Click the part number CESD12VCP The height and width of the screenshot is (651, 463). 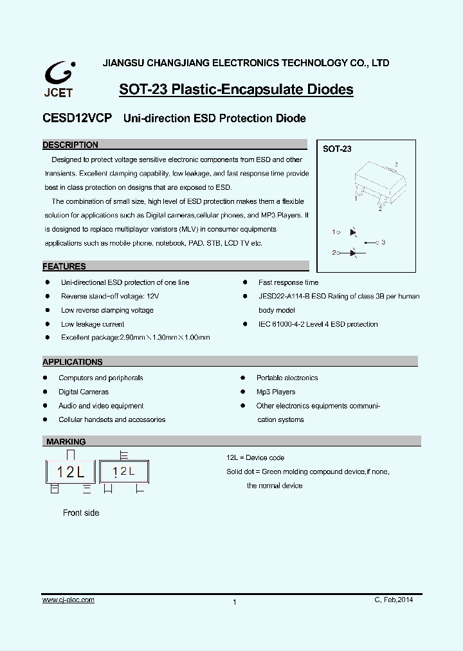click(x=77, y=118)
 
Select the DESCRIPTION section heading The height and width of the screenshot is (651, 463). click(x=71, y=145)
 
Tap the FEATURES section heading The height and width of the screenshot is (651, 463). click(x=64, y=266)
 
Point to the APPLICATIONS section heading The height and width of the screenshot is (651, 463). click(x=73, y=362)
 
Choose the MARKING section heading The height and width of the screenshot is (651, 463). click(x=66, y=442)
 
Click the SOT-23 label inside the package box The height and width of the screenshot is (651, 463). click(x=337, y=149)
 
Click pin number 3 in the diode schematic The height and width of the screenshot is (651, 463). click(x=383, y=242)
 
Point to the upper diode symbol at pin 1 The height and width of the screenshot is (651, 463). click(x=352, y=232)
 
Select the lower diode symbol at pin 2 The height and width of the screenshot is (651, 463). click(x=352, y=253)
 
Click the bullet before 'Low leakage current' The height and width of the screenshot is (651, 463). click(x=47, y=324)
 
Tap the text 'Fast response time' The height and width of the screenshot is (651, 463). click(x=288, y=282)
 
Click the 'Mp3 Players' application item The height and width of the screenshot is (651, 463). click(x=276, y=392)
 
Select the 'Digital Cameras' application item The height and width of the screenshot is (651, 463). click(x=84, y=392)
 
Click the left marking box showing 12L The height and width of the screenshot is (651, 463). click(x=70, y=472)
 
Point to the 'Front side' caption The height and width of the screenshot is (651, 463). click(x=81, y=513)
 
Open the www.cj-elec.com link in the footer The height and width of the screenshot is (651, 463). click(x=68, y=600)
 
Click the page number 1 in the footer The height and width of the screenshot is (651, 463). click(x=235, y=602)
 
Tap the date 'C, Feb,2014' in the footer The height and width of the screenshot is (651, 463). click(x=394, y=600)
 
